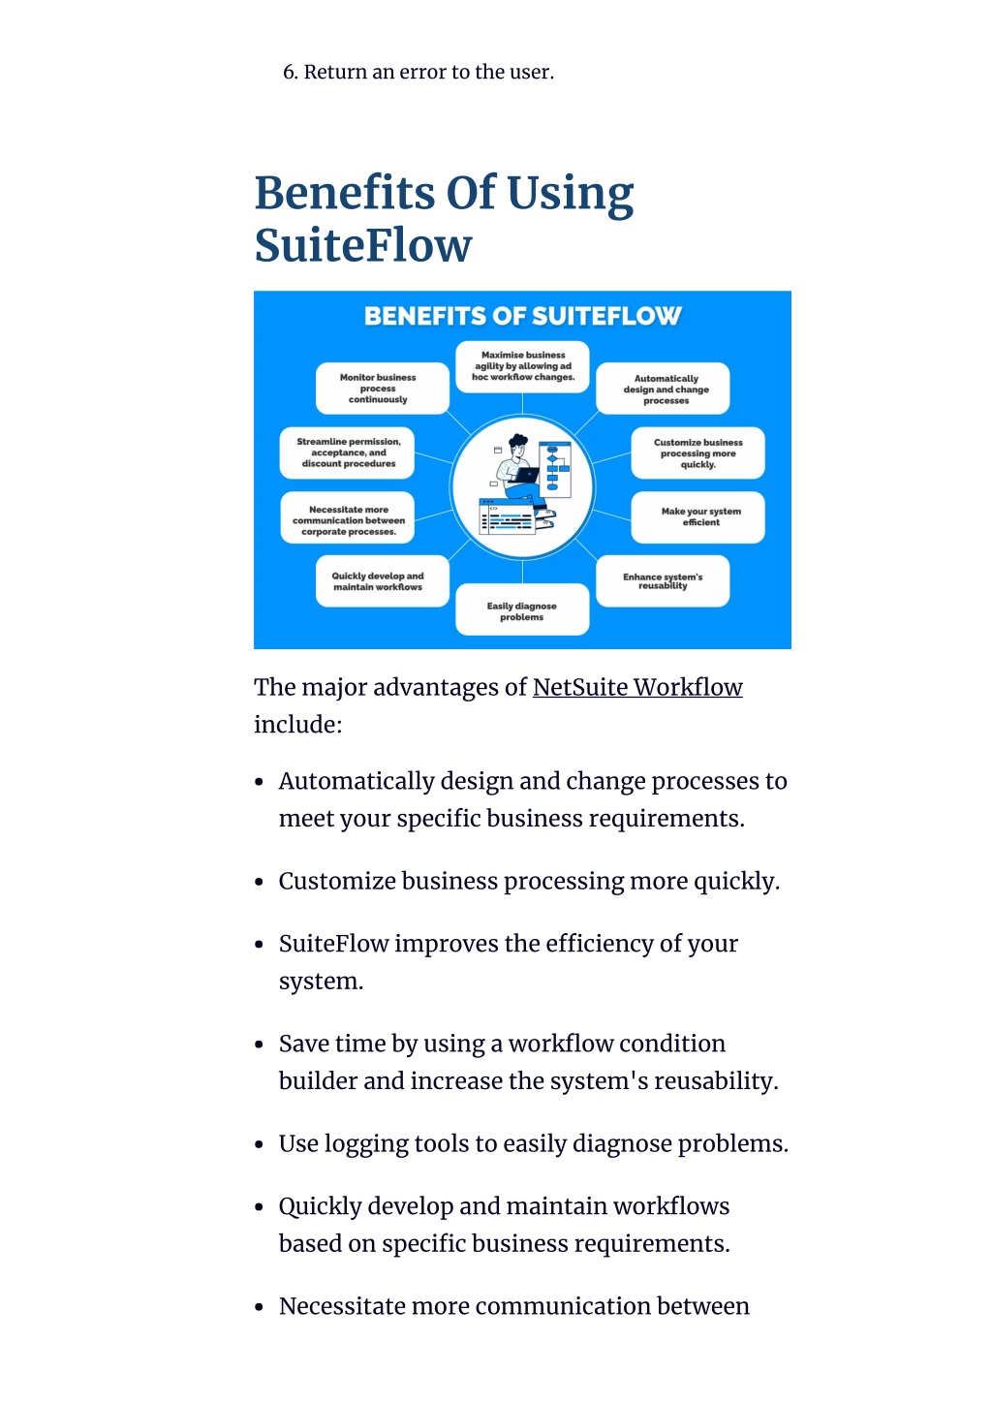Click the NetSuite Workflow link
[637, 688]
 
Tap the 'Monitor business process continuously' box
[383, 388]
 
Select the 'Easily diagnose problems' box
[522, 609]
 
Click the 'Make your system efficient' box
[697, 517]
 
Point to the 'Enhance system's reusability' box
[663, 581]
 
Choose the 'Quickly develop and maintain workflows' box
[383, 581]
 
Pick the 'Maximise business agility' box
[522, 366]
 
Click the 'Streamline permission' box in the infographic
[347, 452]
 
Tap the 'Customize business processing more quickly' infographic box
[697, 452]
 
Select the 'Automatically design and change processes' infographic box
[663, 388]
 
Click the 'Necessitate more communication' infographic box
[347, 517]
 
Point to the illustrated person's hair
[517, 440]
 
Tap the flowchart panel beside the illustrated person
[554, 469]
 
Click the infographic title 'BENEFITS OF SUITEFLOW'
[522, 316]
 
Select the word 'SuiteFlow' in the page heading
[363, 245]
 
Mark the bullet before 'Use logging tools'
[260, 1144]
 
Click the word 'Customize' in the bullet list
[336, 881]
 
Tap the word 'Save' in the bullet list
[302, 1044]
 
